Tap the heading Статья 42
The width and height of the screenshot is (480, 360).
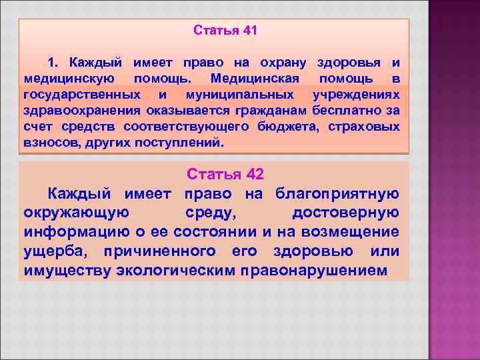(x=225, y=175)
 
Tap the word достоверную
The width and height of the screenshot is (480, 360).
(x=345, y=213)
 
